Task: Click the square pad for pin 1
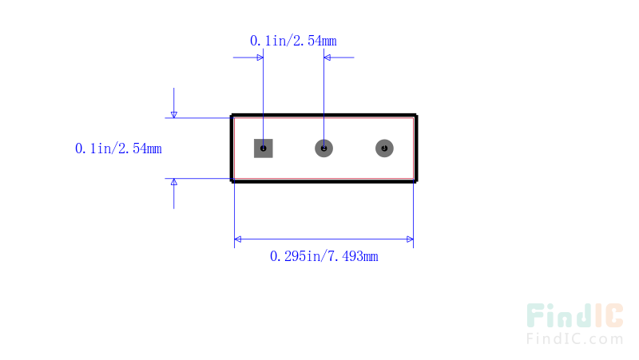(264, 148)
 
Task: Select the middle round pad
(324, 148)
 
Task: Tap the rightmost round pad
(384, 148)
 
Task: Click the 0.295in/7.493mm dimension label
(324, 256)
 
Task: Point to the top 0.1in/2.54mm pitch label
(293, 41)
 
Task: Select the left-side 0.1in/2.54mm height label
(118, 148)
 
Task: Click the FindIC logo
(574, 315)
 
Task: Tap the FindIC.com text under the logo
(574, 338)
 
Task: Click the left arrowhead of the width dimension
(237, 239)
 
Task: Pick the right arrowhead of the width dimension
(410, 239)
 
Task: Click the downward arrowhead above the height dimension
(174, 115)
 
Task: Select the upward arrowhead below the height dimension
(174, 182)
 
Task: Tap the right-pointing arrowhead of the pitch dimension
(260, 57)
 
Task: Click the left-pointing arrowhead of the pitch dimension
(327, 57)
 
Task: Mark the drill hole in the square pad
(264, 148)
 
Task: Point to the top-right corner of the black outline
(415, 116)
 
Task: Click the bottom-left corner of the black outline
(232, 181)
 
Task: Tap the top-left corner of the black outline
(232, 116)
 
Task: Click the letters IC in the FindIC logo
(609, 315)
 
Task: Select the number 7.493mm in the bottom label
(353, 256)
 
